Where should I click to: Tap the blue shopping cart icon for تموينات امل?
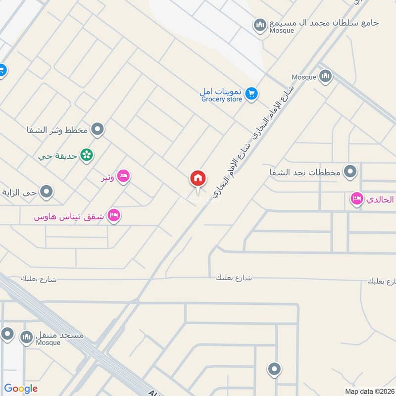pyautogui.click(x=251, y=93)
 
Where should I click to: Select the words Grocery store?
pyautogui.click(x=222, y=99)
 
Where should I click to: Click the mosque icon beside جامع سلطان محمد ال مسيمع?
pyautogui.click(x=260, y=24)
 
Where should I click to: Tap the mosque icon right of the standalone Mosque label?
pyautogui.click(x=325, y=76)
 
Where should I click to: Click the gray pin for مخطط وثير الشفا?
pyautogui.click(x=98, y=130)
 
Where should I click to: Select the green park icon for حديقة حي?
pyautogui.click(x=87, y=155)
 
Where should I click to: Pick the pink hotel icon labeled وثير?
pyautogui.click(x=123, y=176)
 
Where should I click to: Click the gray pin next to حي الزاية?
pyautogui.click(x=47, y=192)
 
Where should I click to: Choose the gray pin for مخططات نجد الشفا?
pyautogui.click(x=350, y=172)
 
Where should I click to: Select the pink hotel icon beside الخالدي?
pyautogui.click(x=356, y=199)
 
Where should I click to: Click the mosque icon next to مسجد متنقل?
pyautogui.click(x=26, y=338)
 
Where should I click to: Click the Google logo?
pyautogui.click(x=21, y=389)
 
